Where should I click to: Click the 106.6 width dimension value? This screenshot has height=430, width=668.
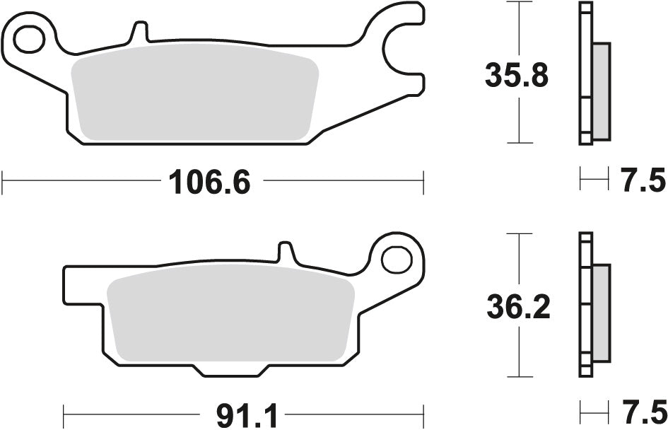[210, 183]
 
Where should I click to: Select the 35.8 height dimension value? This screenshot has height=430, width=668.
[517, 75]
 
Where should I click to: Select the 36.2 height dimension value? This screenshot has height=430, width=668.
[518, 306]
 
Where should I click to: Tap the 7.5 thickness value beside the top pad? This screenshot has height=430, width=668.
[643, 182]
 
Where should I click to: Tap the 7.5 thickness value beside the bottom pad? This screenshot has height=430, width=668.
[643, 412]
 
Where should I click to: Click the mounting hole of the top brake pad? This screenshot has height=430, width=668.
[28, 40]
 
